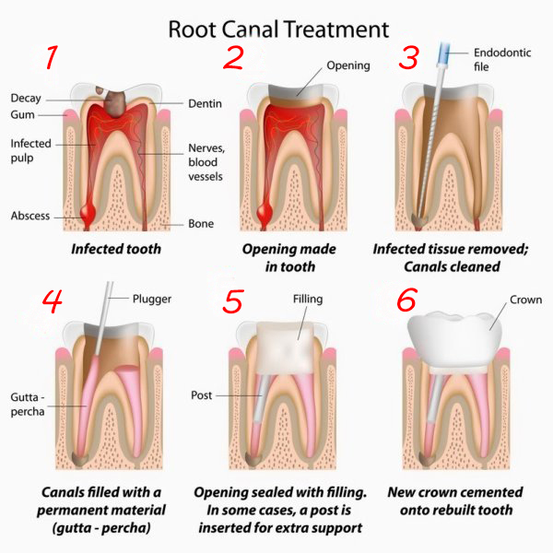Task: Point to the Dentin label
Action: (207, 104)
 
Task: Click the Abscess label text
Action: (30, 216)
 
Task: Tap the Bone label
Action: (200, 223)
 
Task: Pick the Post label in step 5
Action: (203, 394)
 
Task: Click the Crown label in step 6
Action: (525, 300)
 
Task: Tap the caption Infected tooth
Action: (116, 249)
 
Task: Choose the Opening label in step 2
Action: (348, 65)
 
